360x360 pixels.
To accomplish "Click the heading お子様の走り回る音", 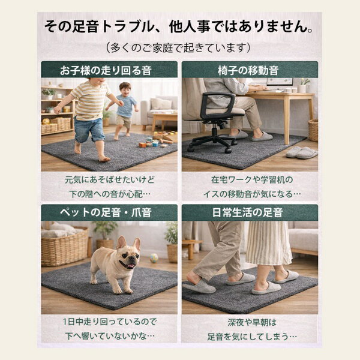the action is (106, 70).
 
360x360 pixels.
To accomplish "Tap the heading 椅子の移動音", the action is (248, 70).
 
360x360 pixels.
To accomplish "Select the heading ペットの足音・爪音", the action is (106, 212).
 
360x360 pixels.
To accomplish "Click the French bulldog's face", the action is (129, 254).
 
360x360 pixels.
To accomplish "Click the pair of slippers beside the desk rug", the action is (301, 152).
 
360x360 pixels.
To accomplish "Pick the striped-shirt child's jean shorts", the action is (89, 129).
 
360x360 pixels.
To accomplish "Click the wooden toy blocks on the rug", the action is (158, 139).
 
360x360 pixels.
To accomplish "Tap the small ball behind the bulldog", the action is (154, 258).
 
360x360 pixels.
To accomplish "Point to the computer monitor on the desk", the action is (280, 83).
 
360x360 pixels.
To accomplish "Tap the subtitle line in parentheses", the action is (178, 48).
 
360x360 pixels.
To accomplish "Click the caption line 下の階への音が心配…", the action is (110, 194).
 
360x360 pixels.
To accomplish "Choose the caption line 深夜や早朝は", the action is (252, 322).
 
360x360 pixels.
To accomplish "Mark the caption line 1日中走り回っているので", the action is (110, 322).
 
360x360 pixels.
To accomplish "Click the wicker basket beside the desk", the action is (313, 130).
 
